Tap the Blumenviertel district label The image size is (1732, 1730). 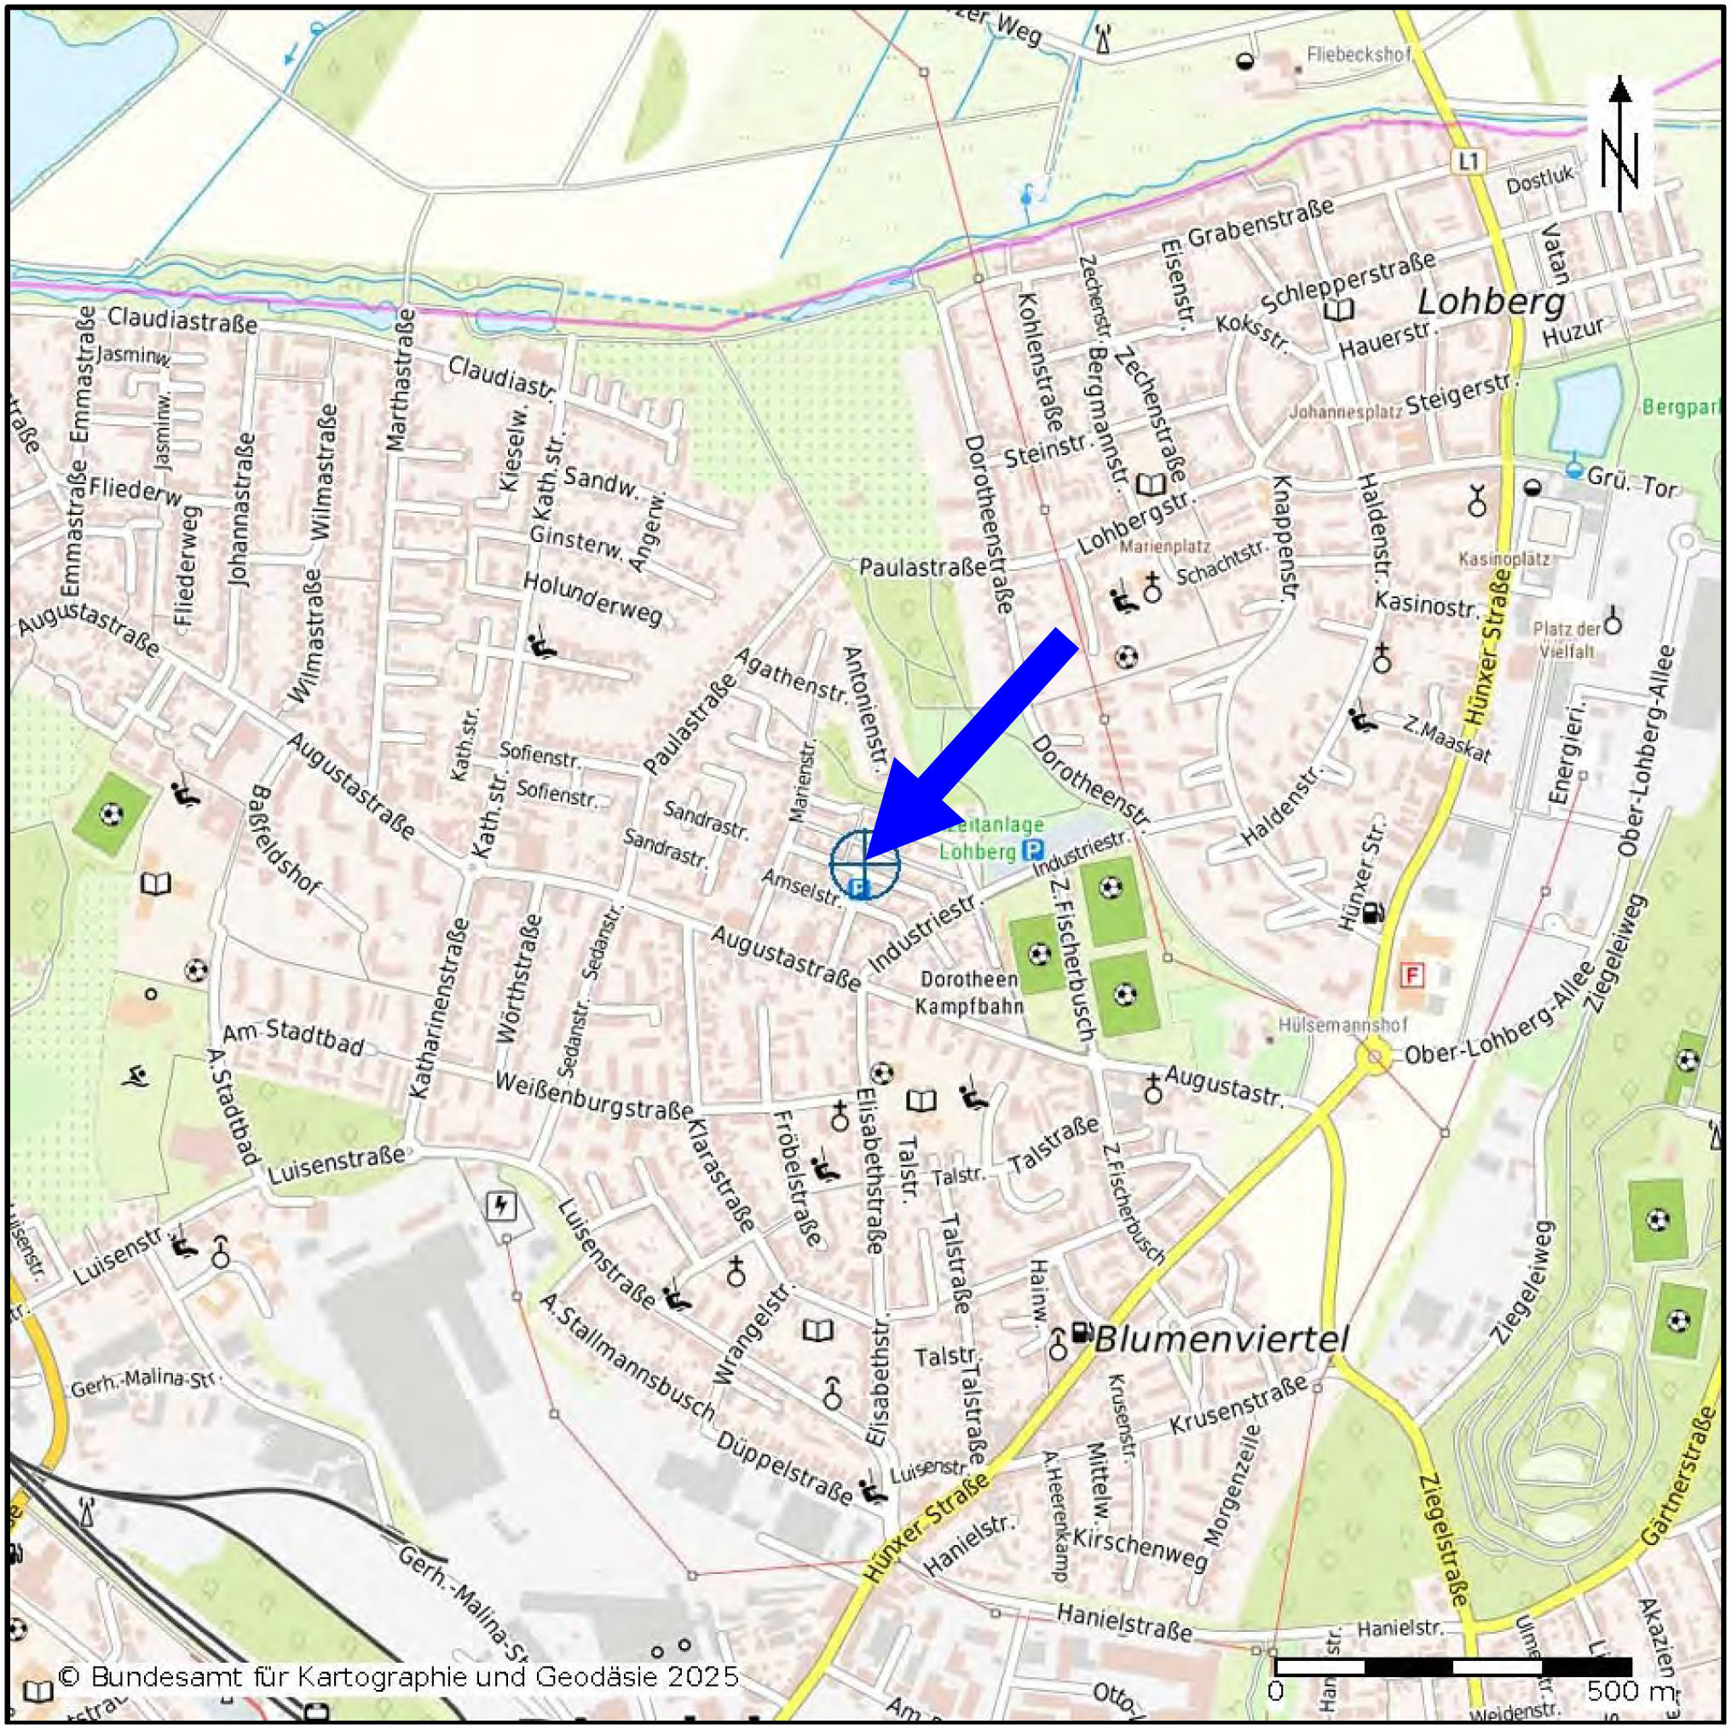point(1221,1340)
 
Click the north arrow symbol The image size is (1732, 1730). point(1619,143)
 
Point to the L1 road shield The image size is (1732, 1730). point(1467,161)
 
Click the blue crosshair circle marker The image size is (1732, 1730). point(864,863)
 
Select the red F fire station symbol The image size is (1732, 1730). point(1413,974)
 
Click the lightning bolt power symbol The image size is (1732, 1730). point(500,1207)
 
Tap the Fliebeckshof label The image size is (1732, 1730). point(1358,55)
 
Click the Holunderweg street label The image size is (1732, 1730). point(592,597)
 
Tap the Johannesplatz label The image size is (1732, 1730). point(1345,413)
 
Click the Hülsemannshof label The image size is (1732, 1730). point(1342,1024)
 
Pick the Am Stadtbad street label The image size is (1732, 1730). point(292,1039)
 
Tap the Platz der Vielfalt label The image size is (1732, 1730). point(1566,640)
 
